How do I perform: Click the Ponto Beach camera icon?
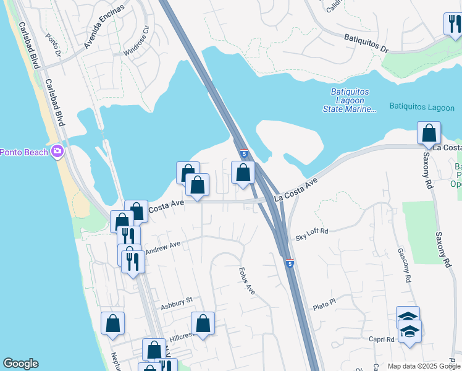[x=57, y=151]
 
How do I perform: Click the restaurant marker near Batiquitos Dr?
[x=453, y=25]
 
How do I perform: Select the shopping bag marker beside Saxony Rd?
[x=429, y=134]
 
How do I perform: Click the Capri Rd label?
[x=382, y=339]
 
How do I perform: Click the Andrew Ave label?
[x=162, y=245]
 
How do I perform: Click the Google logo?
[x=20, y=364]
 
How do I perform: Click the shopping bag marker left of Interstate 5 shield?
[x=242, y=173]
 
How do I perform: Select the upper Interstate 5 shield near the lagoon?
[x=244, y=153]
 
